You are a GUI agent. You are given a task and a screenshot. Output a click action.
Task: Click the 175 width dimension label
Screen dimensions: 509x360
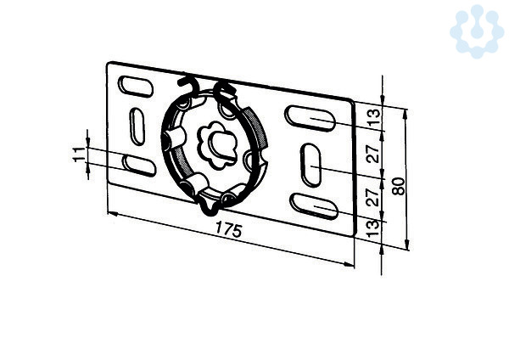tap(228, 229)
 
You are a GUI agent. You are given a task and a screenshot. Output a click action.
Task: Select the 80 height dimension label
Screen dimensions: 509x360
tap(399, 186)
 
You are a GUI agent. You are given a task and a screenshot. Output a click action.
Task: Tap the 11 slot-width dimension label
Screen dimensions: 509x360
tap(78, 155)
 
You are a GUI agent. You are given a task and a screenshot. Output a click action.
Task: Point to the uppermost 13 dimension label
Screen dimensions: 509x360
tap(374, 117)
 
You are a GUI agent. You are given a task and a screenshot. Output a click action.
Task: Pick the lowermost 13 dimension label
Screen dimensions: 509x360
tap(374, 228)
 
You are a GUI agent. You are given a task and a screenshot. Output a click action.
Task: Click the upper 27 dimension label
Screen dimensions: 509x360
tap(374, 154)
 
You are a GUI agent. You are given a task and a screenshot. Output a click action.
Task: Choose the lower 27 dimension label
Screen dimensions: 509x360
tap(374, 198)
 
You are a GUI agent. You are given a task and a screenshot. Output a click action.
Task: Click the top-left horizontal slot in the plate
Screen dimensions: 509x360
tap(136, 87)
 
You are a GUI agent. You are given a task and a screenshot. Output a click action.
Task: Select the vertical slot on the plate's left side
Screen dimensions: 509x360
tap(137, 127)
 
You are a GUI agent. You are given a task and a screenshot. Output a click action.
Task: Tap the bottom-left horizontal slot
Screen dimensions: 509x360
tap(139, 166)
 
